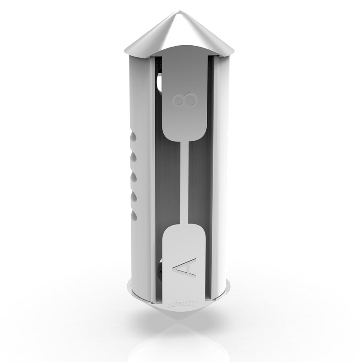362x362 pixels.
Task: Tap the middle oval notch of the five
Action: click(x=133, y=175)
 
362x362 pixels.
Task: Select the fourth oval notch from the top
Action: click(x=133, y=194)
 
